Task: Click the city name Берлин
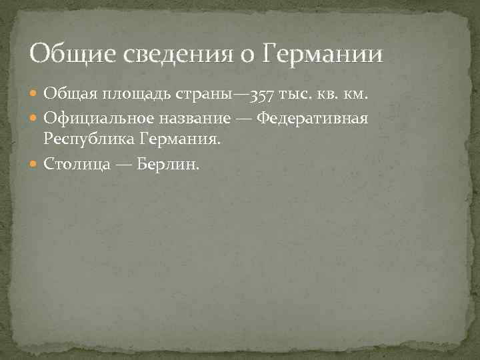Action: click(x=167, y=163)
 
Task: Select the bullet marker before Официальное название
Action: click(x=35, y=118)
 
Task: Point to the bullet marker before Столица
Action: click(x=35, y=164)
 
